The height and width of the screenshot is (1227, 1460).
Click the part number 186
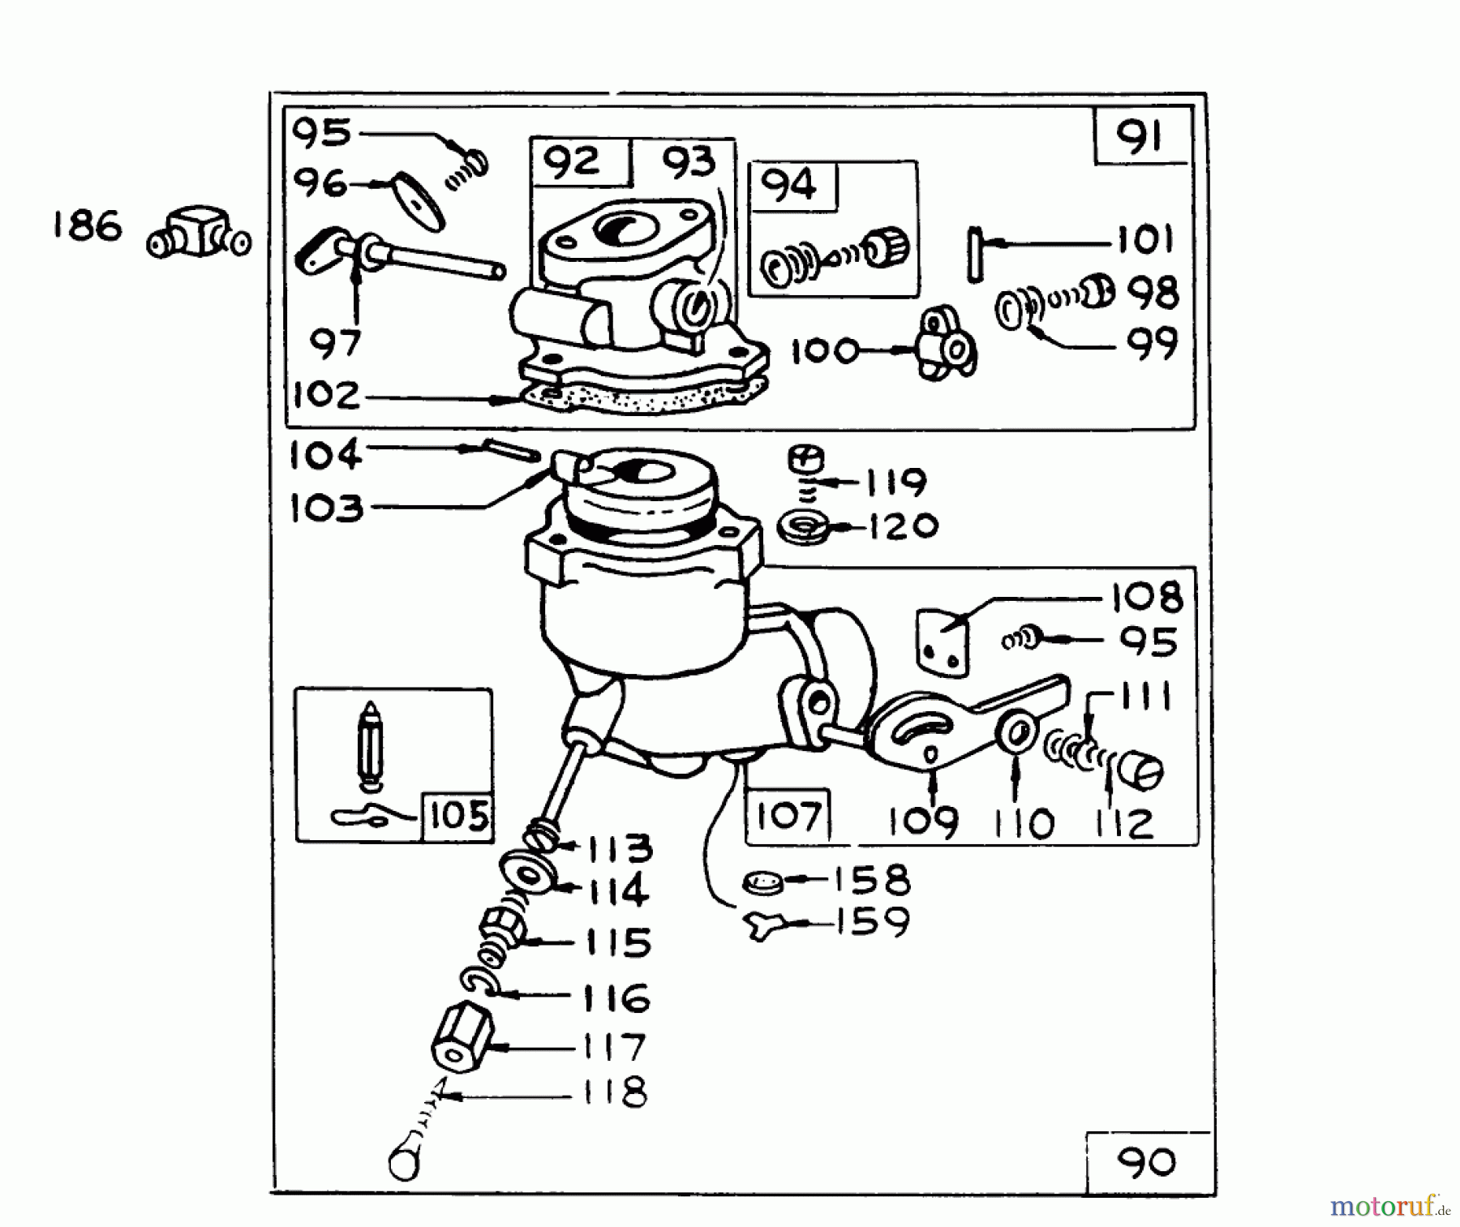[x=87, y=226]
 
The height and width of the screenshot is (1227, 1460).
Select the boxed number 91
[x=1140, y=136]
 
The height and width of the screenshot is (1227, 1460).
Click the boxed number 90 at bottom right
[x=1146, y=1163]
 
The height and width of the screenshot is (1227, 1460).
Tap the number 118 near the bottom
[x=614, y=1092]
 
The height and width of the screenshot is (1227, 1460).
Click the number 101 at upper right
[x=1144, y=240]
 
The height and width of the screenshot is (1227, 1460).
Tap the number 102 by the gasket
[x=326, y=396]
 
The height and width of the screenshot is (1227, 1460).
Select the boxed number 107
[x=788, y=815]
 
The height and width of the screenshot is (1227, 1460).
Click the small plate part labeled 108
[x=943, y=641]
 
